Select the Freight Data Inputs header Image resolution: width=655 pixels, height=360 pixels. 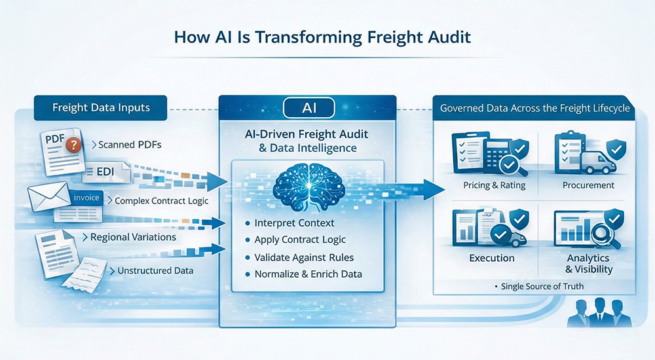coord(101,107)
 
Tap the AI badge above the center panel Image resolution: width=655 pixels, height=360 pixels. coord(307,107)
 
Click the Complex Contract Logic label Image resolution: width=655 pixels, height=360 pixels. coord(161,201)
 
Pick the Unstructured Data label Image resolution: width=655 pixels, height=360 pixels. coord(155,270)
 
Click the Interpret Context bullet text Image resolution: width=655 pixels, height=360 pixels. coord(294,223)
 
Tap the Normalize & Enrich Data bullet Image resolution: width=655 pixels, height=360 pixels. coord(308,274)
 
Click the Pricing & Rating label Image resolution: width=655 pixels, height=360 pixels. coord(485,185)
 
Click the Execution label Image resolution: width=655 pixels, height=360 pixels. coord(492,258)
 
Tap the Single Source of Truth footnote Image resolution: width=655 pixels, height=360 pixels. coord(542,286)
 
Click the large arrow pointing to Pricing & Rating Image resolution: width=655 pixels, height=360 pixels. coord(419,189)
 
